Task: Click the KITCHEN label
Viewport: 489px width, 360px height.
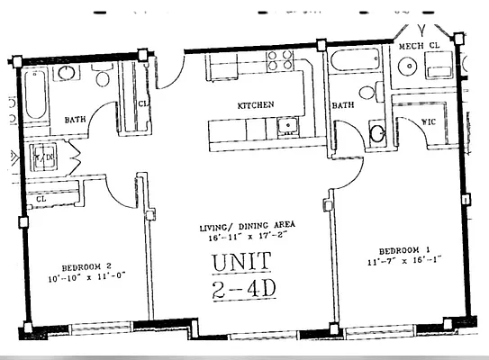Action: click(256, 105)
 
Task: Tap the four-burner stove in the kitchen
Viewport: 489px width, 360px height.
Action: click(278, 60)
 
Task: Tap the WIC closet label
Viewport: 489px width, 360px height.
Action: click(430, 120)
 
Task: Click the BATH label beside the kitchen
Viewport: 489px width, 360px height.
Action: click(343, 105)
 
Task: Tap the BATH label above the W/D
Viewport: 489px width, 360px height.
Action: click(75, 119)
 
